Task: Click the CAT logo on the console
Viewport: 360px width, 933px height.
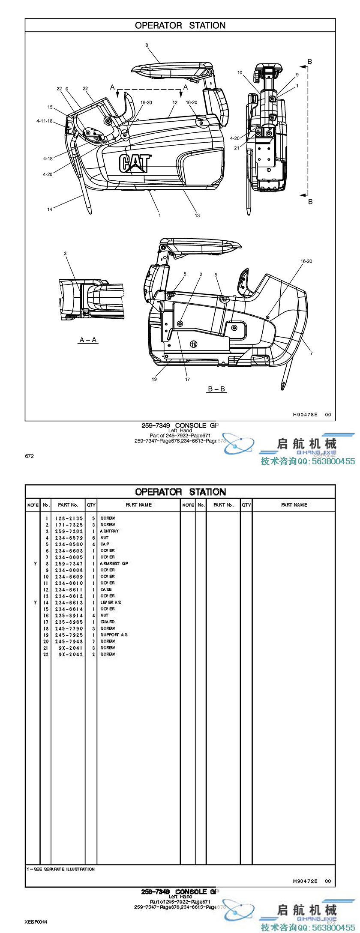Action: (135, 163)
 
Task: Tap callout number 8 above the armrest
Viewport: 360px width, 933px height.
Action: (147, 45)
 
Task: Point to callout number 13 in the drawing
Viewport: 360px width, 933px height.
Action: (197, 215)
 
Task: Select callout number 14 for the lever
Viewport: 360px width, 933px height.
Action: (50, 209)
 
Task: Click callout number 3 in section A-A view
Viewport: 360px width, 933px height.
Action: (65, 254)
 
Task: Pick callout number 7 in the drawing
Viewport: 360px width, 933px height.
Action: (312, 353)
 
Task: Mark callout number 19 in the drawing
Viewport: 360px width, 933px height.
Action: (154, 379)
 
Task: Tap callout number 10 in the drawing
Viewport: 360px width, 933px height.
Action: (240, 73)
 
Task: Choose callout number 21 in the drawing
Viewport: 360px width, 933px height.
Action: (237, 148)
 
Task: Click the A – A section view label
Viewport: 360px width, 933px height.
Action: (88, 340)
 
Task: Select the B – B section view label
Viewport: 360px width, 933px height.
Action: (216, 389)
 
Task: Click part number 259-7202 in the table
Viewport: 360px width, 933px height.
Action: (69, 531)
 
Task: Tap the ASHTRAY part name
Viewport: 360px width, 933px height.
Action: (109, 531)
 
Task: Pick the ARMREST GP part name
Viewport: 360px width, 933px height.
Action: (114, 564)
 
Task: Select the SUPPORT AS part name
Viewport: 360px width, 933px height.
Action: (114, 635)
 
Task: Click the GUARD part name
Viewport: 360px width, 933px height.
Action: (108, 622)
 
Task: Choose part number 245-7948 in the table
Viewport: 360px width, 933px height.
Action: (69, 641)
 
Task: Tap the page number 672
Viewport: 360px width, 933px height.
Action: (29, 456)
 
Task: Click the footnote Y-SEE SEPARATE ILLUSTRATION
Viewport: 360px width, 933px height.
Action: (60, 869)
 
